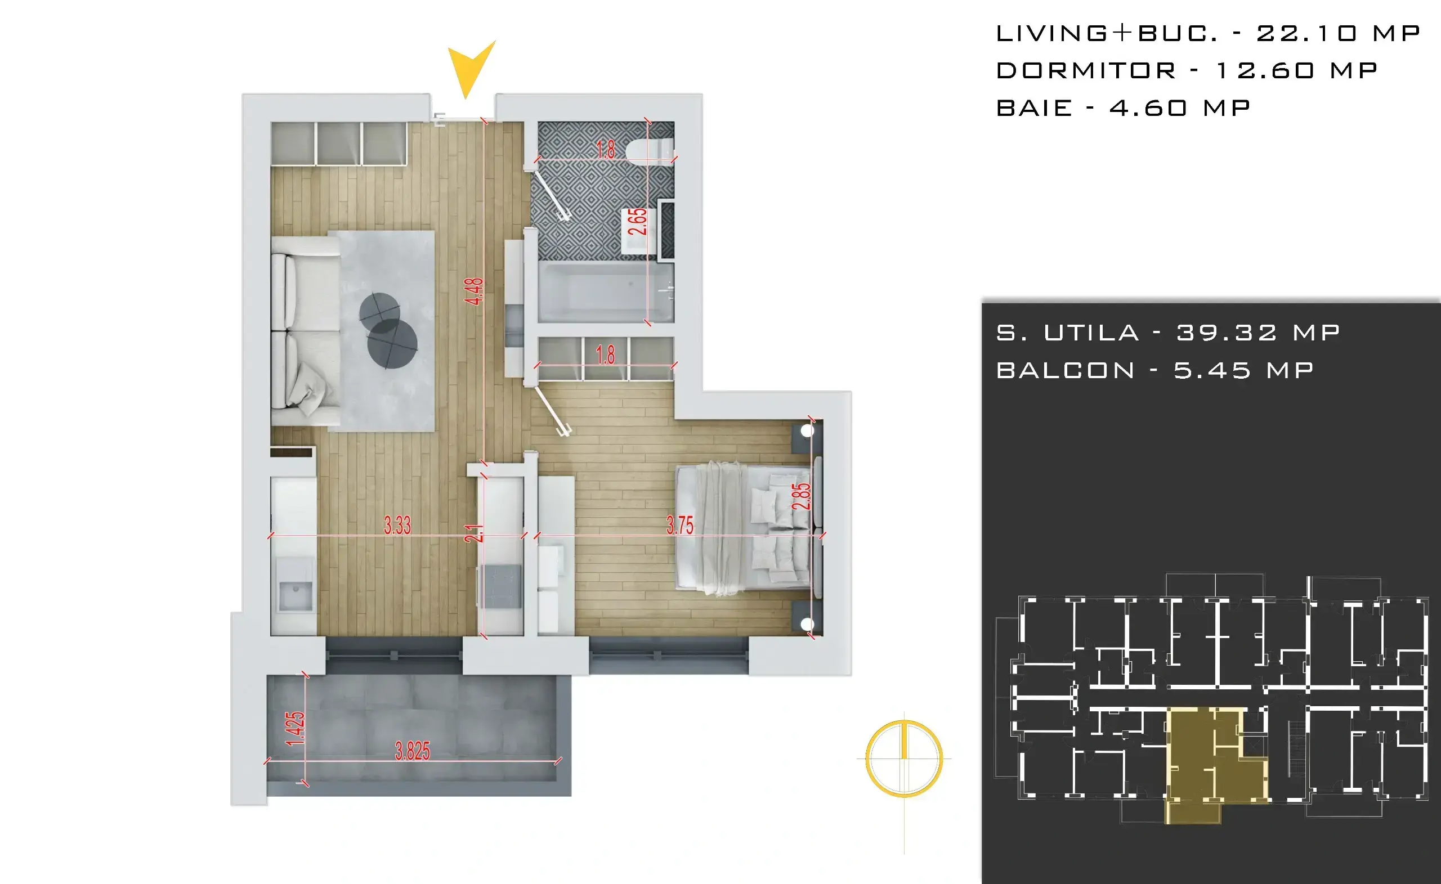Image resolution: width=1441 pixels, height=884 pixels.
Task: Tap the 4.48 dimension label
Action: [x=474, y=291]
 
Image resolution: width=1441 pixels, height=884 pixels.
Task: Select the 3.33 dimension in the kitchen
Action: [x=397, y=524]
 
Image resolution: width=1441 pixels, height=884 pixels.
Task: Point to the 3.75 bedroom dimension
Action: [x=679, y=524]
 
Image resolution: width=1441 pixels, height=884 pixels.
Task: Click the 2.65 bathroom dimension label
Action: [x=637, y=221]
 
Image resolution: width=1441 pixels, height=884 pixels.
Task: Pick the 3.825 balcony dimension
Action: [x=412, y=751]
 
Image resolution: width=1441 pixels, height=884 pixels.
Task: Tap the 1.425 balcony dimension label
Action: [x=295, y=729]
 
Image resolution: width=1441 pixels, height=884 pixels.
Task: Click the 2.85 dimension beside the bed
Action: [x=800, y=496]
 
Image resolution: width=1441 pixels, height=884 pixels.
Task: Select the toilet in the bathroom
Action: [x=650, y=150]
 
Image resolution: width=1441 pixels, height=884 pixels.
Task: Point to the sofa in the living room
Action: [x=305, y=331]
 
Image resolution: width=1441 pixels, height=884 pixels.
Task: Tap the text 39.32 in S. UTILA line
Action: [x=1227, y=333]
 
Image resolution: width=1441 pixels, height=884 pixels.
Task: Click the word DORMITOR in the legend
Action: [x=1086, y=71]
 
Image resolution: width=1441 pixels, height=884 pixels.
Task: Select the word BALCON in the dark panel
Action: [x=1066, y=370]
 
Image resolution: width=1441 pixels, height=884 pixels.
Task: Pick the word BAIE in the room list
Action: [x=1034, y=107]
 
